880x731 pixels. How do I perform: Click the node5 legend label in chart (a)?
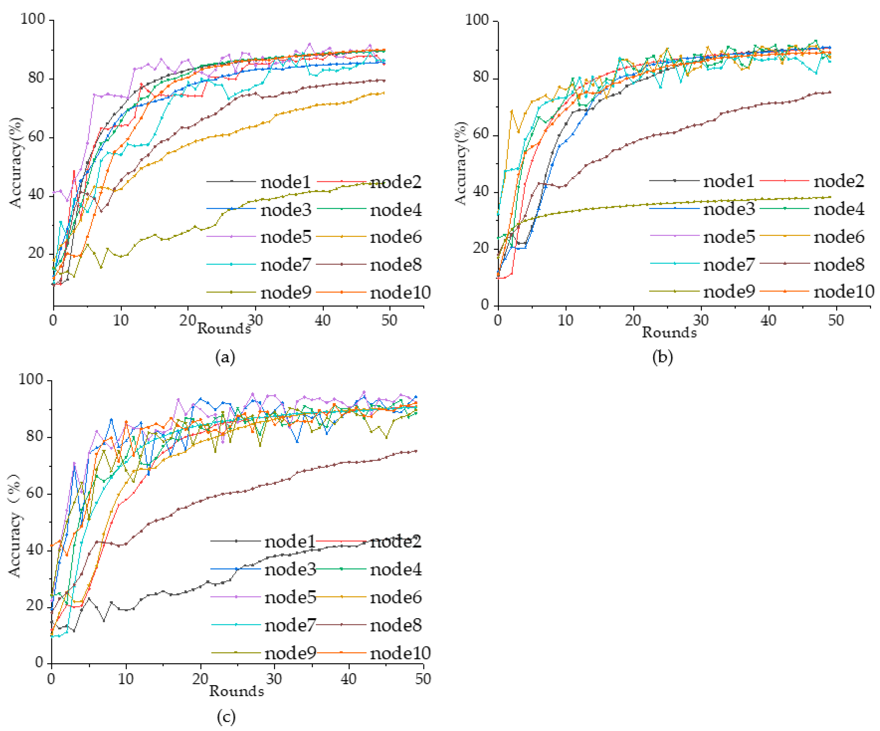tap(286, 237)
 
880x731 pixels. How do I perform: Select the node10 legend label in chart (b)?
tap(844, 291)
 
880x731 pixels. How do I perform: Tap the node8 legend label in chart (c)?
tap(396, 625)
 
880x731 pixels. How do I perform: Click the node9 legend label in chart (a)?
tap(286, 292)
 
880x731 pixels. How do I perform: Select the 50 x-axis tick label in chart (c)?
tap(423, 678)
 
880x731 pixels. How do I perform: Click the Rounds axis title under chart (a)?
tap(224, 328)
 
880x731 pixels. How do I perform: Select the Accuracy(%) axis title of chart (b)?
tap(461, 164)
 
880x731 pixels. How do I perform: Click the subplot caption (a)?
tap(225, 357)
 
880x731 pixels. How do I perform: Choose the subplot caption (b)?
tap(663, 357)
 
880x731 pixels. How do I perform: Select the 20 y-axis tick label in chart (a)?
tap(36, 253)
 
